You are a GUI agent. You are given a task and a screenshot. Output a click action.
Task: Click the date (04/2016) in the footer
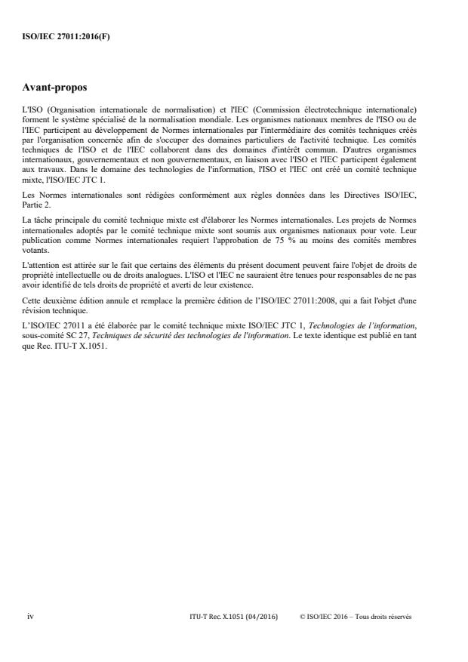(x=261, y=617)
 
